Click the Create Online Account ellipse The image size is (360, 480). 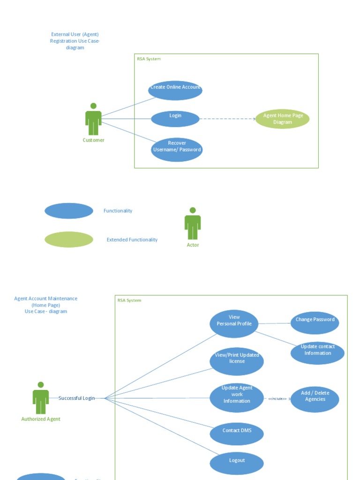coord(175,90)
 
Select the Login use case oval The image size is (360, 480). coord(175,119)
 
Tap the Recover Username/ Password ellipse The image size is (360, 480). coord(177,150)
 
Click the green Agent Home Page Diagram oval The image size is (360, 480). coord(282,119)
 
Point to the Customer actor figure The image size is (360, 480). coord(93,120)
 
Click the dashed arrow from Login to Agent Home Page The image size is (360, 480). coord(227,119)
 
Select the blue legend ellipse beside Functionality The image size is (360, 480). coord(69,211)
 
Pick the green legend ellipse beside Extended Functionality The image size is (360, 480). coord(69,240)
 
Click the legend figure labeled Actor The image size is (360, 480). coord(193,224)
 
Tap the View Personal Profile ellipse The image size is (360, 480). coord(234,323)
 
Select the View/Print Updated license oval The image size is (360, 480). coord(237,361)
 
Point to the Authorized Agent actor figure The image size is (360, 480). coord(41,398)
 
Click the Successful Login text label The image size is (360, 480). coord(76,398)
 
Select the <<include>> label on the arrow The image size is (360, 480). coord(277,399)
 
